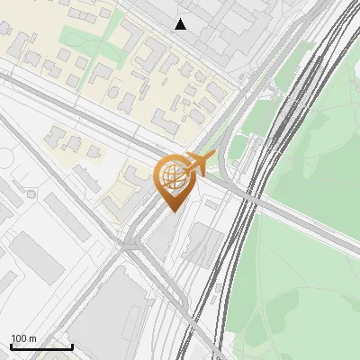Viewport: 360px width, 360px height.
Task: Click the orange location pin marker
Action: [x=173, y=180]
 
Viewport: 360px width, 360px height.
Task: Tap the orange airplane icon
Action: [x=201, y=163]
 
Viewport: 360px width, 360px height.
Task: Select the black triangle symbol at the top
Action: [x=181, y=24]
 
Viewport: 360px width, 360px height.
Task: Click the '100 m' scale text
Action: [x=24, y=338]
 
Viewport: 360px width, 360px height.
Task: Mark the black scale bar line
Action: [x=41, y=346]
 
